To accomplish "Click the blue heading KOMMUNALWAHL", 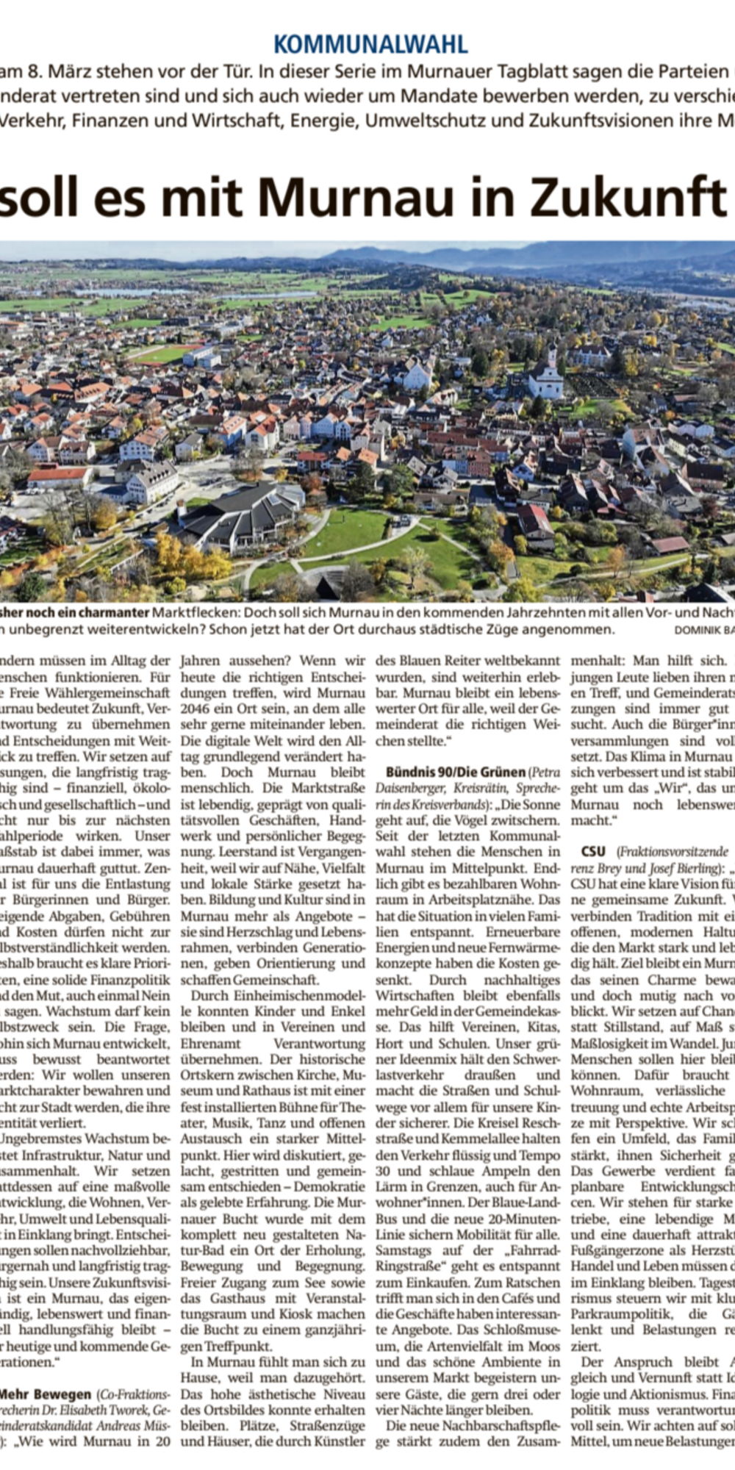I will [x=370, y=45].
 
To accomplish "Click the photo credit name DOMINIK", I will [x=697, y=630].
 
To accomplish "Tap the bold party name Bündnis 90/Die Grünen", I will [x=456, y=772].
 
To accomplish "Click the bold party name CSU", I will [x=593, y=852].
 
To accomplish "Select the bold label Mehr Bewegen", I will [x=45, y=1374].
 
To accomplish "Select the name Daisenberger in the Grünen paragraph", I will [x=415, y=789].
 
